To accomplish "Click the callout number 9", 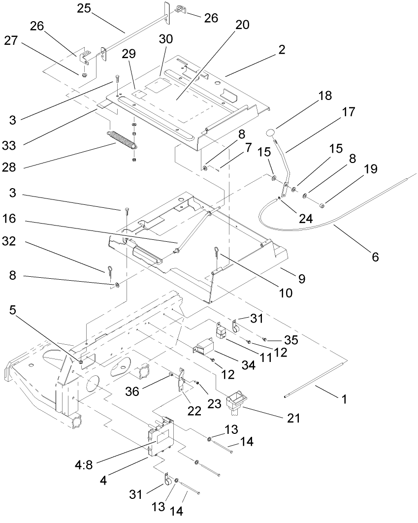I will pyautogui.click(x=300, y=278).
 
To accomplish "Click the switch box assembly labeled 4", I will pyautogui.click(x=160, y=436).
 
